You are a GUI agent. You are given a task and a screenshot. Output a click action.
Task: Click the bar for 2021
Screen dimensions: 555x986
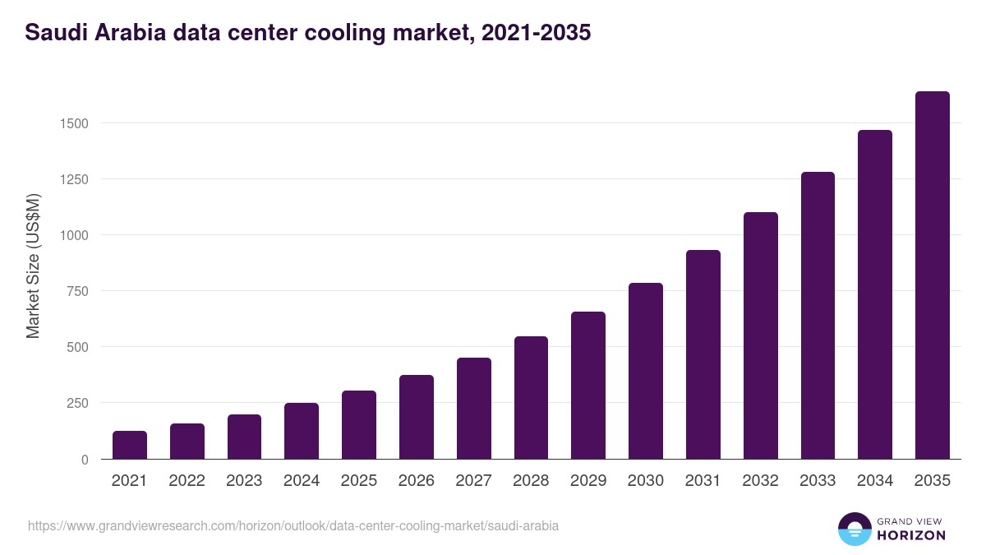coord(130,445)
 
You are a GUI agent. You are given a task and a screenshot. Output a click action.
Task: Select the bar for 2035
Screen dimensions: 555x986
coord(932,275)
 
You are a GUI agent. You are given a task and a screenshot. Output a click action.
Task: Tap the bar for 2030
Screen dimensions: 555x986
coord(646,371)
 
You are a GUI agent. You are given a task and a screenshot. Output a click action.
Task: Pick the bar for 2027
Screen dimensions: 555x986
coord(474,409)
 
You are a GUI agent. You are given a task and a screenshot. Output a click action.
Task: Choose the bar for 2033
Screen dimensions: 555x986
coord(818,316)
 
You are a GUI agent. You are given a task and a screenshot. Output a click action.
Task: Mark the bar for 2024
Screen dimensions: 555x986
coord(302,431)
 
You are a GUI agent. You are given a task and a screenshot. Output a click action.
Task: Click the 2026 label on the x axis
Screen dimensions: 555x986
coord(417,481)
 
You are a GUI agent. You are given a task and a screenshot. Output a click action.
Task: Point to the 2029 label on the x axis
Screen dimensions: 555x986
coord(588,481)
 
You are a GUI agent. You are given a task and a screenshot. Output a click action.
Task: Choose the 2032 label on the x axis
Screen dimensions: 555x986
coord(760,481)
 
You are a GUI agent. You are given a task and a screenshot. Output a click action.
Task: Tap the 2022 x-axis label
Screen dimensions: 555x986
coord(187,481)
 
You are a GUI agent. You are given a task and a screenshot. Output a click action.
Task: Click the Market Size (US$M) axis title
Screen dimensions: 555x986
coord(33,266)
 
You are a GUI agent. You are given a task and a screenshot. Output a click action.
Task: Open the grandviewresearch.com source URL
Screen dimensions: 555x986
coord(293,525)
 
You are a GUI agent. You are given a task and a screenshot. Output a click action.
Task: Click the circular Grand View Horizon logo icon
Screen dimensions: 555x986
coord(854,529)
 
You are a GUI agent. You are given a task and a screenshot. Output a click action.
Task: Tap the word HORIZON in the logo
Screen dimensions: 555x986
coord(911,535)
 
